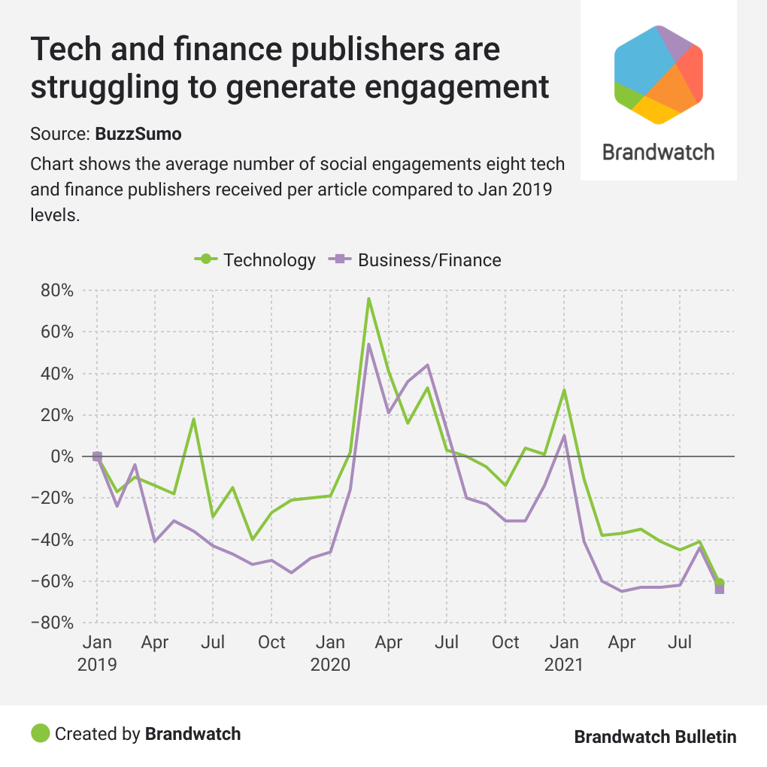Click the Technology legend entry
click(256, 260)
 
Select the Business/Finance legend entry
click(416, 260)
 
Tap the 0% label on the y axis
click(61, 456)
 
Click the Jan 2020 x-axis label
click(330, 653)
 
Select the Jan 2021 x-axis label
click(564, 653)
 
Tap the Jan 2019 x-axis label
click(96, 653)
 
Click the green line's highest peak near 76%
click(369, 299)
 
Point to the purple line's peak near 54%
click(369, 344)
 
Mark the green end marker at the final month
click(720, 583)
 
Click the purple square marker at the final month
click(720, 590)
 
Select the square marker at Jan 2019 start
click(97, 456)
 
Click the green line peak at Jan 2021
click(564, 390)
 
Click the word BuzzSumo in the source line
click(138, 135)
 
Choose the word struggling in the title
click(112, 87)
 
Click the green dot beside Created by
click(41, 733)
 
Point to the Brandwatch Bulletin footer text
click(655, 737)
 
